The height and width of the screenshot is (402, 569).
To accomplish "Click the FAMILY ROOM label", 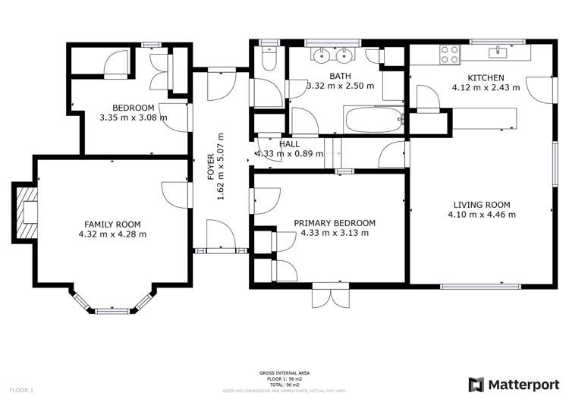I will point(112,224).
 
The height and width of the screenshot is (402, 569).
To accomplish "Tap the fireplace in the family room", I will point(27,214).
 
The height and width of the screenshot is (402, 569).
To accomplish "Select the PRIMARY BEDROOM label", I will point(335,222).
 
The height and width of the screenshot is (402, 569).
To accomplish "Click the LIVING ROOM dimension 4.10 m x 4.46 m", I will point(482,215).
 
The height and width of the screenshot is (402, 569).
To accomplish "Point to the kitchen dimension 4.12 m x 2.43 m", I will point(486,88).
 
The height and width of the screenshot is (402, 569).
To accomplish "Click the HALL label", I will point(288,143).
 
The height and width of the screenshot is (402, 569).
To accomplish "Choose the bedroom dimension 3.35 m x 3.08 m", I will point(133,118).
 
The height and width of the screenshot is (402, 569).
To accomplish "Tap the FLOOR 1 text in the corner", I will point(21,390).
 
